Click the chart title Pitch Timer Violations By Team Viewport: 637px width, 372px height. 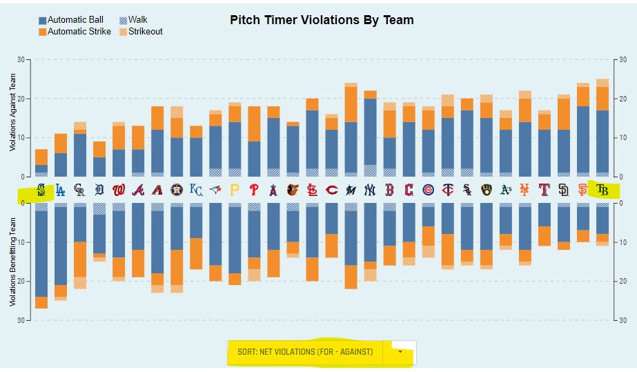coord(322,20)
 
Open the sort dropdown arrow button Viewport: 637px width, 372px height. coord(401,352)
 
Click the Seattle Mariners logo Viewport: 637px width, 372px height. coord(41,189)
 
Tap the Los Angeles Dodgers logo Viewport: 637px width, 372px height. coord(61,189)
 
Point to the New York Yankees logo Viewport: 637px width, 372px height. coord(370,189)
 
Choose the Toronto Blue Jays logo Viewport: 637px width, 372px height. coord(215,189)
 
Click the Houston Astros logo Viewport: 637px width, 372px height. coord(177,189)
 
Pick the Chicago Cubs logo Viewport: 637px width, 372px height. coord(428,189)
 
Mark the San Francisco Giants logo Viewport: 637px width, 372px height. coord(582,189)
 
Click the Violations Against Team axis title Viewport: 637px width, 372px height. coord(12,121)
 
